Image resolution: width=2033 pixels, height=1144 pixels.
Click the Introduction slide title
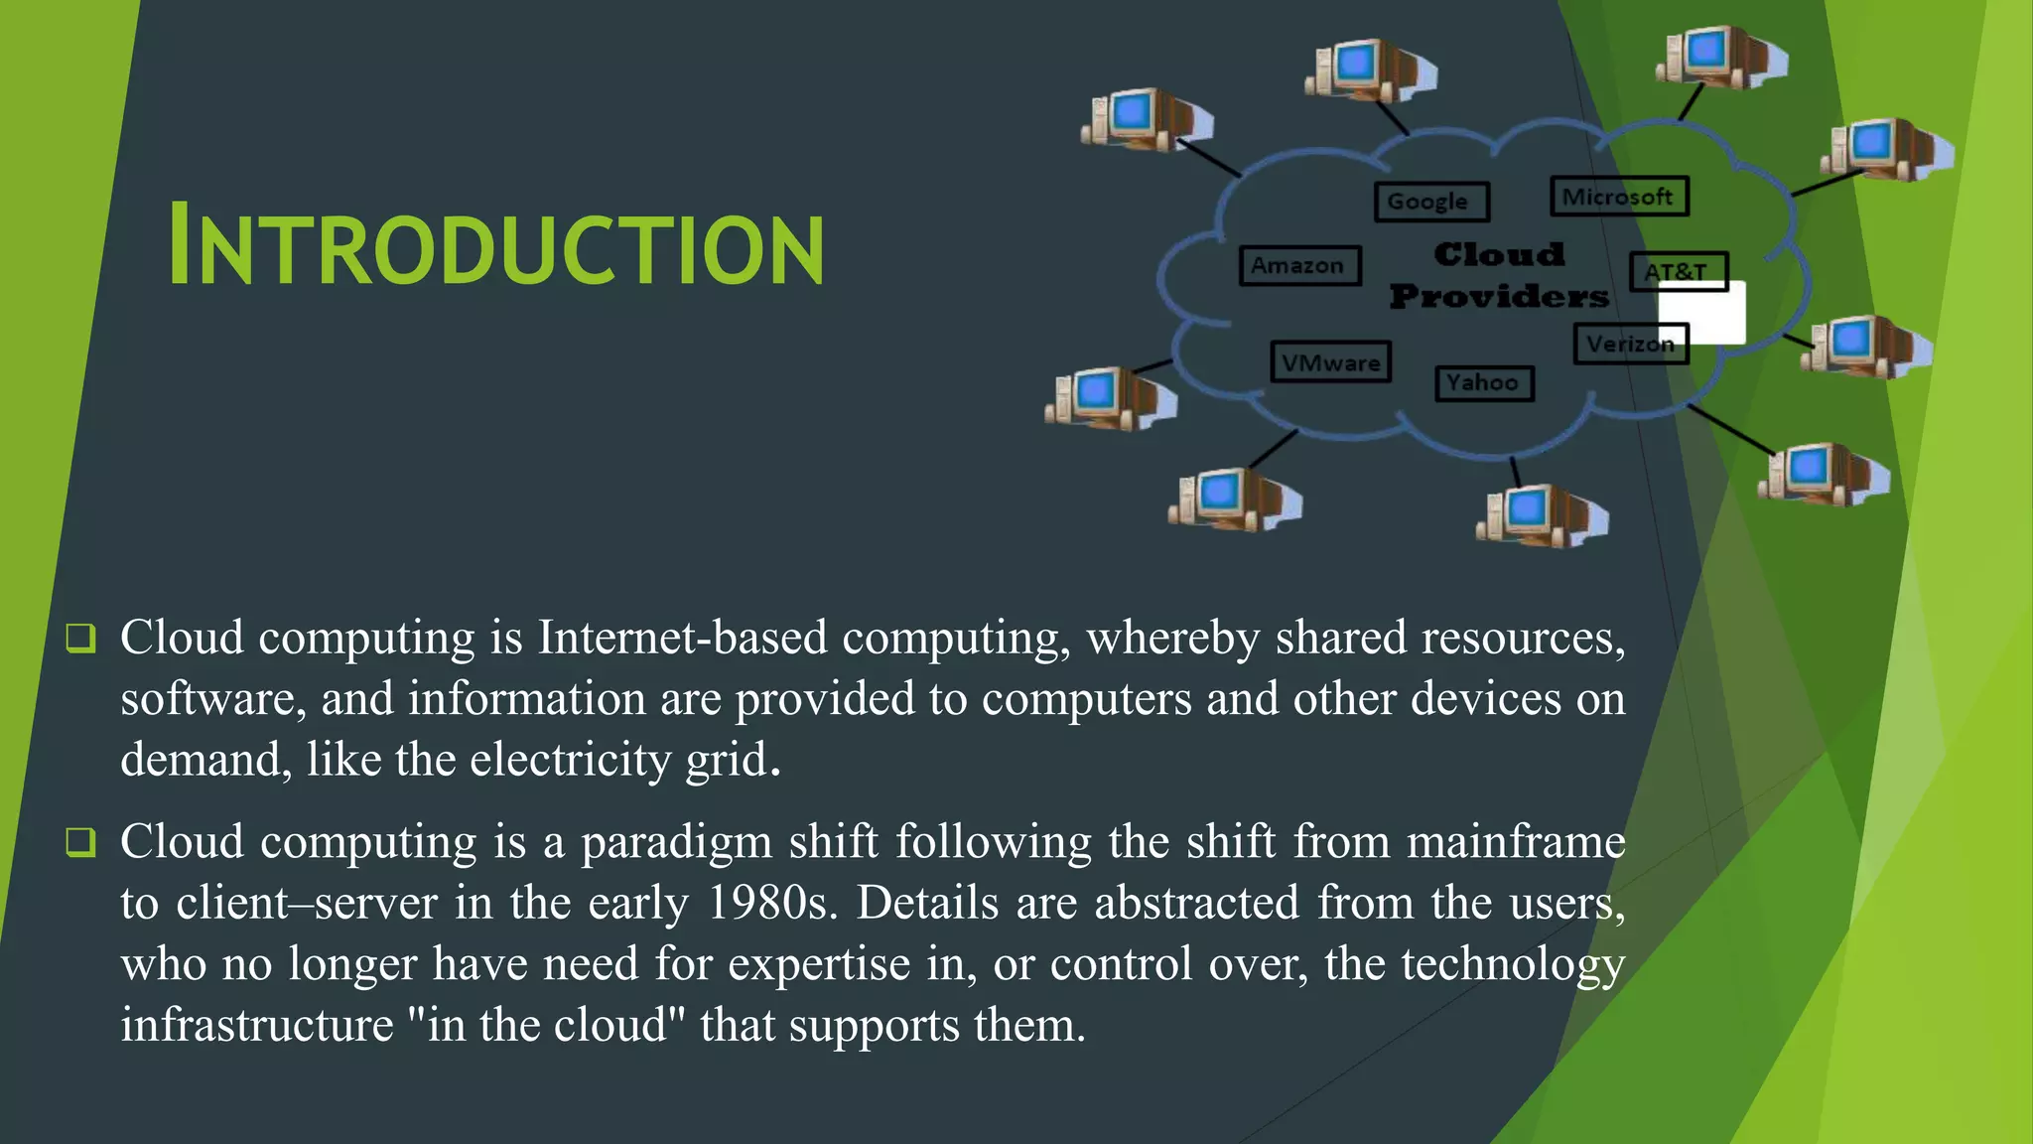(x=496, y=245)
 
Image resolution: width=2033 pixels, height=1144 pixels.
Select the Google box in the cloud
(x=1431, y=202)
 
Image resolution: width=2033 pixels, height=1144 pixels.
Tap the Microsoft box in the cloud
(x=1618, y=197)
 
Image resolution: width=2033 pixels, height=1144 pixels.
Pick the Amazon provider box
(x=1298, y=266)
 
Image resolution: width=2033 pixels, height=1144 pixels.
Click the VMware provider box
(x=1330, y=362)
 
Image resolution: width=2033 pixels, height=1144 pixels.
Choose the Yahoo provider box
(x=1483, y=383)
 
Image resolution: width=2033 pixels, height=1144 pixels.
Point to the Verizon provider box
(x=1629, y=345)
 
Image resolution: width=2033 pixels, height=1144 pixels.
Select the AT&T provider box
(x=1677, y=270)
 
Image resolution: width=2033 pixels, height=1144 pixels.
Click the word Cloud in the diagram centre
(x=1499, y=254)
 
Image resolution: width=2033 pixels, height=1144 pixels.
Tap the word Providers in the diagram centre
(x=1499, y=296)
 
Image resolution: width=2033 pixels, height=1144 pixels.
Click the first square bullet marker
(x=80, y=638)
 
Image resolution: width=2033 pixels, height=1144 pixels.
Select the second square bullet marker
(x=80, y=842)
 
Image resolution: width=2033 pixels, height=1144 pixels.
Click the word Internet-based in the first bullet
(x=682, y=638)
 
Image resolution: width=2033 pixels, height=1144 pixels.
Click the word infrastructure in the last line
(x=257, y=1025)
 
